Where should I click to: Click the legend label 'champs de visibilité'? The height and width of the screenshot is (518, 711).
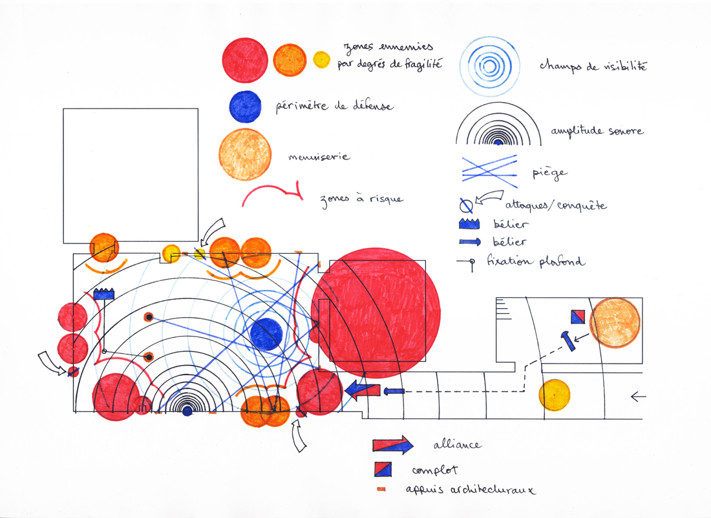pyautogui.click(x=593, y=65)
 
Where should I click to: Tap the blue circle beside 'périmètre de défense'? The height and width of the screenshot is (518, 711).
pyautogui.click(x=246, y=107)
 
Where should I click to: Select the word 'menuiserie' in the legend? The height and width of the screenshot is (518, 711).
pyautogui.click(x=319, y=157)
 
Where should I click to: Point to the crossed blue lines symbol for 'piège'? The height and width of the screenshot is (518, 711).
pyautogui.click(x=489, y=171)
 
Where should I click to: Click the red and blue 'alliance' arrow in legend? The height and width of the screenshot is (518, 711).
pyautogui.click(x=393, y=445)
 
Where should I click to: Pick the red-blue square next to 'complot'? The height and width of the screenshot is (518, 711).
pyautogui.click(x=383, y=469)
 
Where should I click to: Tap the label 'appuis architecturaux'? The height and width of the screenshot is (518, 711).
pyautogui.click(x=471, y=490)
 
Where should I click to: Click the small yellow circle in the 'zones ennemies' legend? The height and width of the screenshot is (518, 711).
pyautogui.click(x=321, y=60)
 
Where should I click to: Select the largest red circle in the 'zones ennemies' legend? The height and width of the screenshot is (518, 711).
pyautogui.click(x=246, y=60)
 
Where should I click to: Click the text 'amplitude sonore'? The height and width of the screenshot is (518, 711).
pyautogui.click(x=597, y=131)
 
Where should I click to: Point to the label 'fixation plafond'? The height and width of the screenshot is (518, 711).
pyautogui.click(x=536, y=262)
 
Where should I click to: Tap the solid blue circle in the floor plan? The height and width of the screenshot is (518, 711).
pyautogui.click(x=266, y=335)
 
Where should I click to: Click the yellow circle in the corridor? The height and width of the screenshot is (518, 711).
pyautogui.click(x=555, y=395)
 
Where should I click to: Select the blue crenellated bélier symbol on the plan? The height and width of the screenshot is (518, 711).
pyautogui.click(x=104, y=294)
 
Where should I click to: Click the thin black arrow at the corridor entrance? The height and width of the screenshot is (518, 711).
pyautogui.click(x=638, y=397)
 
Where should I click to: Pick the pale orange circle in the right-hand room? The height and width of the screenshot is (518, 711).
pyautogui.click(x=615, y=322)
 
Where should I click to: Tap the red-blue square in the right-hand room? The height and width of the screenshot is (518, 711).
pyautogui.click(x=578, y=316)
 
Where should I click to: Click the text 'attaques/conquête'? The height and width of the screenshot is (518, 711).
pyautogui.click(x=556, y=206)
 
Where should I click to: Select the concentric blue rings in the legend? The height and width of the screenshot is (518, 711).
pyautogui.click(x=489, y=66)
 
